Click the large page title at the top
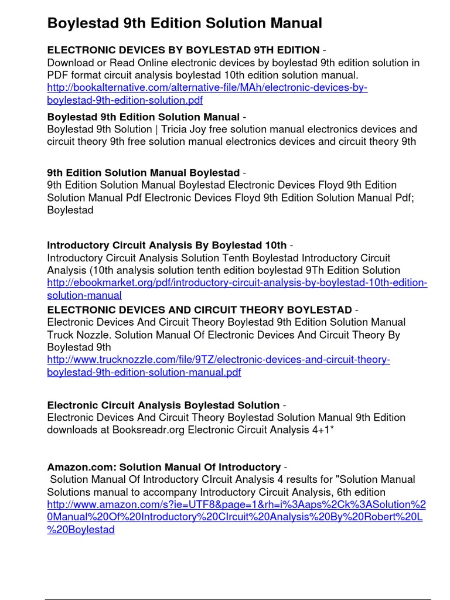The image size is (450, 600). [185, 23]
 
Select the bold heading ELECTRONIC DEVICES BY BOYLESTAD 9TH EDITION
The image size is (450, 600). [183, 50]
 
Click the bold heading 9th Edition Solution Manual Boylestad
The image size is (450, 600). [143, 173]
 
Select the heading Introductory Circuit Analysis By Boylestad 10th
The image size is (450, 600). [166, 245]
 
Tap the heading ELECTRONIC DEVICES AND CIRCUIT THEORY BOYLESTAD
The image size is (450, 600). [199, 309]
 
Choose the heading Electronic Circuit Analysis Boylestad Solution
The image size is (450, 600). [163, 405]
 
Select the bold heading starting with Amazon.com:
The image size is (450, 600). [163, 467]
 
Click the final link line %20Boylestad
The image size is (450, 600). [80, 529]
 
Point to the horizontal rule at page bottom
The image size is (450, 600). [246, 599]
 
